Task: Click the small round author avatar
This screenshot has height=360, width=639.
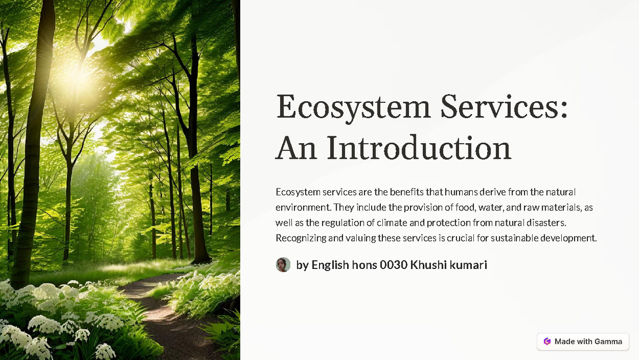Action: [283, 265]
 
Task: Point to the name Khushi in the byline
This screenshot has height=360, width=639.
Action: [428, 265]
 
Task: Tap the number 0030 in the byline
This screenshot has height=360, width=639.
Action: [394, 265]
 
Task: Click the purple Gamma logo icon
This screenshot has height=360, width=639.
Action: [547, 341]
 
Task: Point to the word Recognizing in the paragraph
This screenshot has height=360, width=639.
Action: [301, 238]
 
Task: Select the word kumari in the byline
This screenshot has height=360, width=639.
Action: [468, 265]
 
